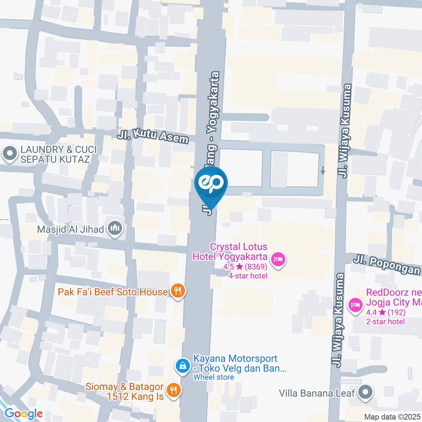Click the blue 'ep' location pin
point(211,184)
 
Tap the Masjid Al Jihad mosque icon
point(116,229)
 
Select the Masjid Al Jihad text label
point(71,229)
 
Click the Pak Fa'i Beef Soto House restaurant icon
point(178,291)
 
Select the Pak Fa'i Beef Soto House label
point(113,292)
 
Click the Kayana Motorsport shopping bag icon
point(182,364)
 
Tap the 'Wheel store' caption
point(214,377)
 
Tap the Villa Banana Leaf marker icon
point(365,392)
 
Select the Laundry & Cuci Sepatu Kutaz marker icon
point(8,154)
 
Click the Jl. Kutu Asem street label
point(153,137)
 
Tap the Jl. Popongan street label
point(387,266)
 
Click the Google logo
point(23,414)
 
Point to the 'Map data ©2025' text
point(392,417)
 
